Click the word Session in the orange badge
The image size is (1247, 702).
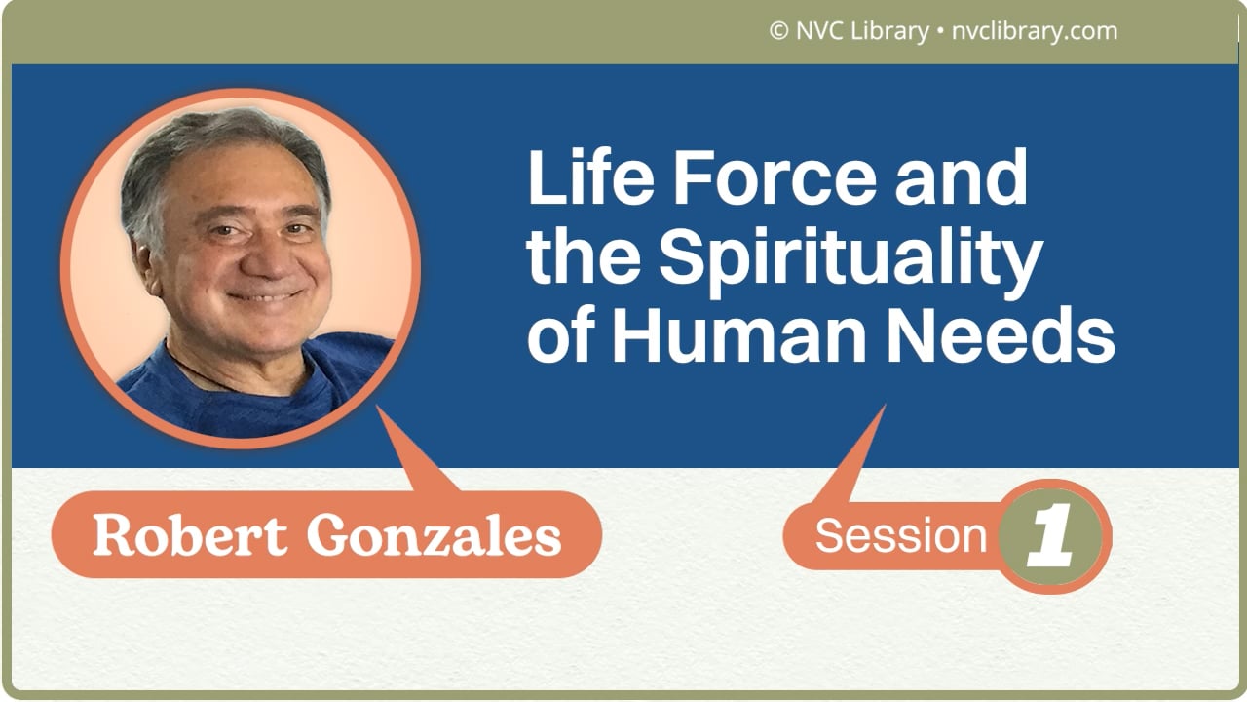[900, 535]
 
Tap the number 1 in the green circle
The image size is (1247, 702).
[1051, 537]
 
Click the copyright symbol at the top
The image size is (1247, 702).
[778, 31]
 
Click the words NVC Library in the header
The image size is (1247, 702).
[860, 31]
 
